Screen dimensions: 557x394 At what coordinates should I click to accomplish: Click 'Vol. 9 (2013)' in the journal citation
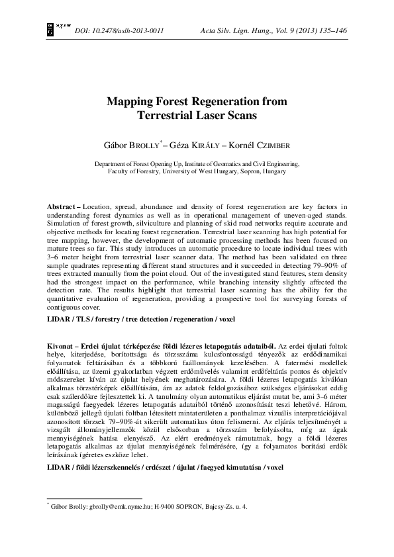pos(287,31)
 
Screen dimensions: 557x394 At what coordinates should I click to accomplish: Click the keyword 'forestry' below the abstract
pos(109,320)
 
